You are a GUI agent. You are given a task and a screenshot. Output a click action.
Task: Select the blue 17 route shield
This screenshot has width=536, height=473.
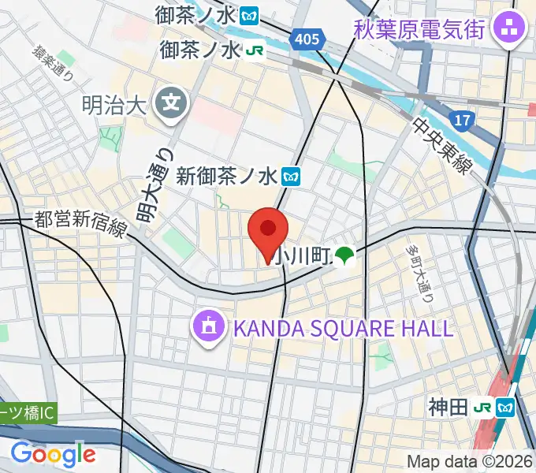462,119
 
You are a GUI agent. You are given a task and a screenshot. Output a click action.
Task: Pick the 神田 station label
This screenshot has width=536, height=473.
447,408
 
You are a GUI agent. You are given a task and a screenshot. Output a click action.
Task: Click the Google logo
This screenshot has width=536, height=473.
53,453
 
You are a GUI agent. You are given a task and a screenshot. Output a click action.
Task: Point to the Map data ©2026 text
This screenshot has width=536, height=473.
470,462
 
